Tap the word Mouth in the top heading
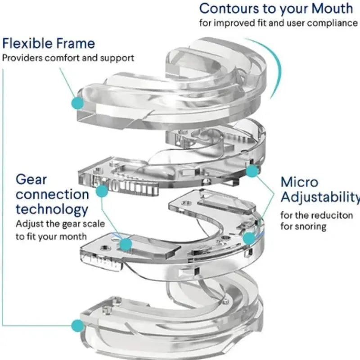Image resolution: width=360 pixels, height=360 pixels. point(330,8)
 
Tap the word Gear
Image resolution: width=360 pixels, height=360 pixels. point(31,179)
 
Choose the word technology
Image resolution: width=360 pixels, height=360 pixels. point(52,209)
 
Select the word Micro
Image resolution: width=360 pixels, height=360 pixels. point(299,182)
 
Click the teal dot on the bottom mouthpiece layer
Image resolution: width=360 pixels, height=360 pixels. point(78,324)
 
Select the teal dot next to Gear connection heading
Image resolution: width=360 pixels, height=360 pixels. point(102,192)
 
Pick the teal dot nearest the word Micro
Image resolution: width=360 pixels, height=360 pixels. point(253,170)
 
